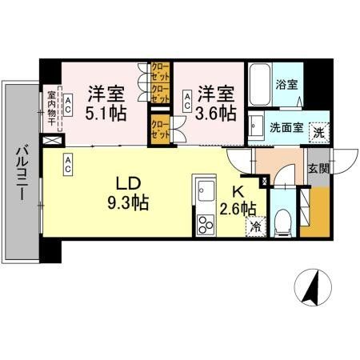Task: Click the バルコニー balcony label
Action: point(22,173)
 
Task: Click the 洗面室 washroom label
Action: point(284,126)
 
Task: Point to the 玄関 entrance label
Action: point(318,169)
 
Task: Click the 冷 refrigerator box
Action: point(255,227)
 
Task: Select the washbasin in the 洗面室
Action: point(257,126)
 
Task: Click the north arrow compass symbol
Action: point(313,288)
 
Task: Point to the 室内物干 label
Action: point(50,109)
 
